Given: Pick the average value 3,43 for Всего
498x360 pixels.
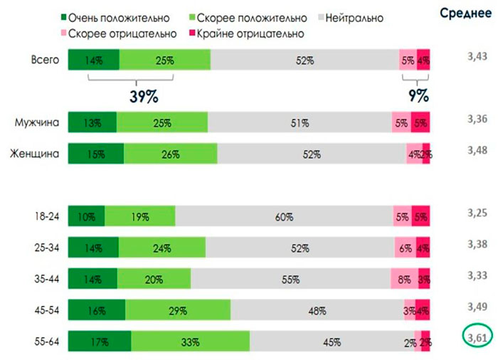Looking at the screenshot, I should [475, 55].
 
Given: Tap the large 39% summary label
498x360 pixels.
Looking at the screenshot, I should [143, 95].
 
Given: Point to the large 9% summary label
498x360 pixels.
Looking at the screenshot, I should [418, 95].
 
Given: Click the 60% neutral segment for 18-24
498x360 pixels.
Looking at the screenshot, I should [284, 217].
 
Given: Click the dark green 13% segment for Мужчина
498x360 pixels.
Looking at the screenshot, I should [92, 123].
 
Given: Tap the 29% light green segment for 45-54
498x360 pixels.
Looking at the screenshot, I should [178, 311].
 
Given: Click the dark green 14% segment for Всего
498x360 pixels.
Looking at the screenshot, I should [94, 60].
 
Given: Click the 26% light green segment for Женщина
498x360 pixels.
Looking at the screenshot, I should [171, 154].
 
